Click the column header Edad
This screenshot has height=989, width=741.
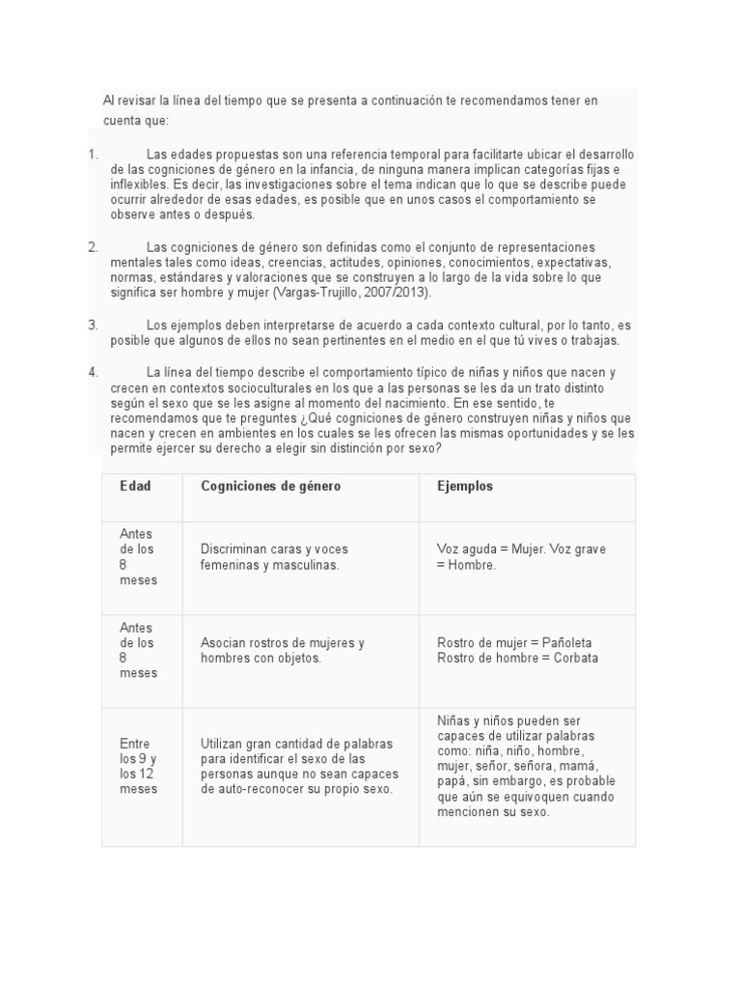pyautogui.click(x=135, y=486)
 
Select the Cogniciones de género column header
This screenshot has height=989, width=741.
pyautogui.click(x=270, y=486)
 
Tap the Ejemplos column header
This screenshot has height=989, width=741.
pyautogui.click(x=464, y=486)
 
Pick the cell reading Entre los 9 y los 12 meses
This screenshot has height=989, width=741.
pyautogui.click(x=138, y=766)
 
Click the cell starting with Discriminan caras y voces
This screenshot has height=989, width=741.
pyautogui.click(x=270, y=556)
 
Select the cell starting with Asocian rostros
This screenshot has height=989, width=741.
pyautogui.click(x=282, y=650)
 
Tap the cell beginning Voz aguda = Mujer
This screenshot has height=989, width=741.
pyautogui.click(x=521, y=556)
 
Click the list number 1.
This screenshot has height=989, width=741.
pyautogui.click(x=93, y=155)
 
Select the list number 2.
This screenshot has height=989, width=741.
pyautogui.click(x=93, y=247)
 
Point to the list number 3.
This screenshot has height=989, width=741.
pyautogui.click(x=93, y=325)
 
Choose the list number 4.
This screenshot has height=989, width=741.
pyautogui.click(x=93, y=372)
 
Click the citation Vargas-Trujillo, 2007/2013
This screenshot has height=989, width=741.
pyautogui.click(x=353, y=292)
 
